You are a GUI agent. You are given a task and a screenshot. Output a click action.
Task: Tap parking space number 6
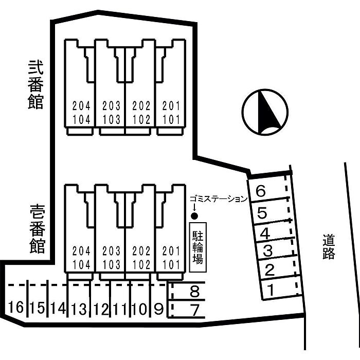point(261,192)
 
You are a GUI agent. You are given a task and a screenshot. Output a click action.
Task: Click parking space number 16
point(16,308)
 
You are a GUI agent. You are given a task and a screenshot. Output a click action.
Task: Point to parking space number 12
point(101,309)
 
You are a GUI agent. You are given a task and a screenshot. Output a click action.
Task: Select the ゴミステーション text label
point(219,199)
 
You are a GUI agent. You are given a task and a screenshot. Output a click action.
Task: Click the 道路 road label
point(329,247)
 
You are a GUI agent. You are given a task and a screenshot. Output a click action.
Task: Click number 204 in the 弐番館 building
point(81,106)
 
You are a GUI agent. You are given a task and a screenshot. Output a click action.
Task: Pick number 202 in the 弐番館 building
point(141,106)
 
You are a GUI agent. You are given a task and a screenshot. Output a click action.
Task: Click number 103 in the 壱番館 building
point(112,265)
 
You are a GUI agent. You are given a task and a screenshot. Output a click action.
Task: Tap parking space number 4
point(265,234)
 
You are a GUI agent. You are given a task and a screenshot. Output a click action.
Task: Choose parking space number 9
point(159,309)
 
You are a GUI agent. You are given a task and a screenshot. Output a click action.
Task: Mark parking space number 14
point(59,308)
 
